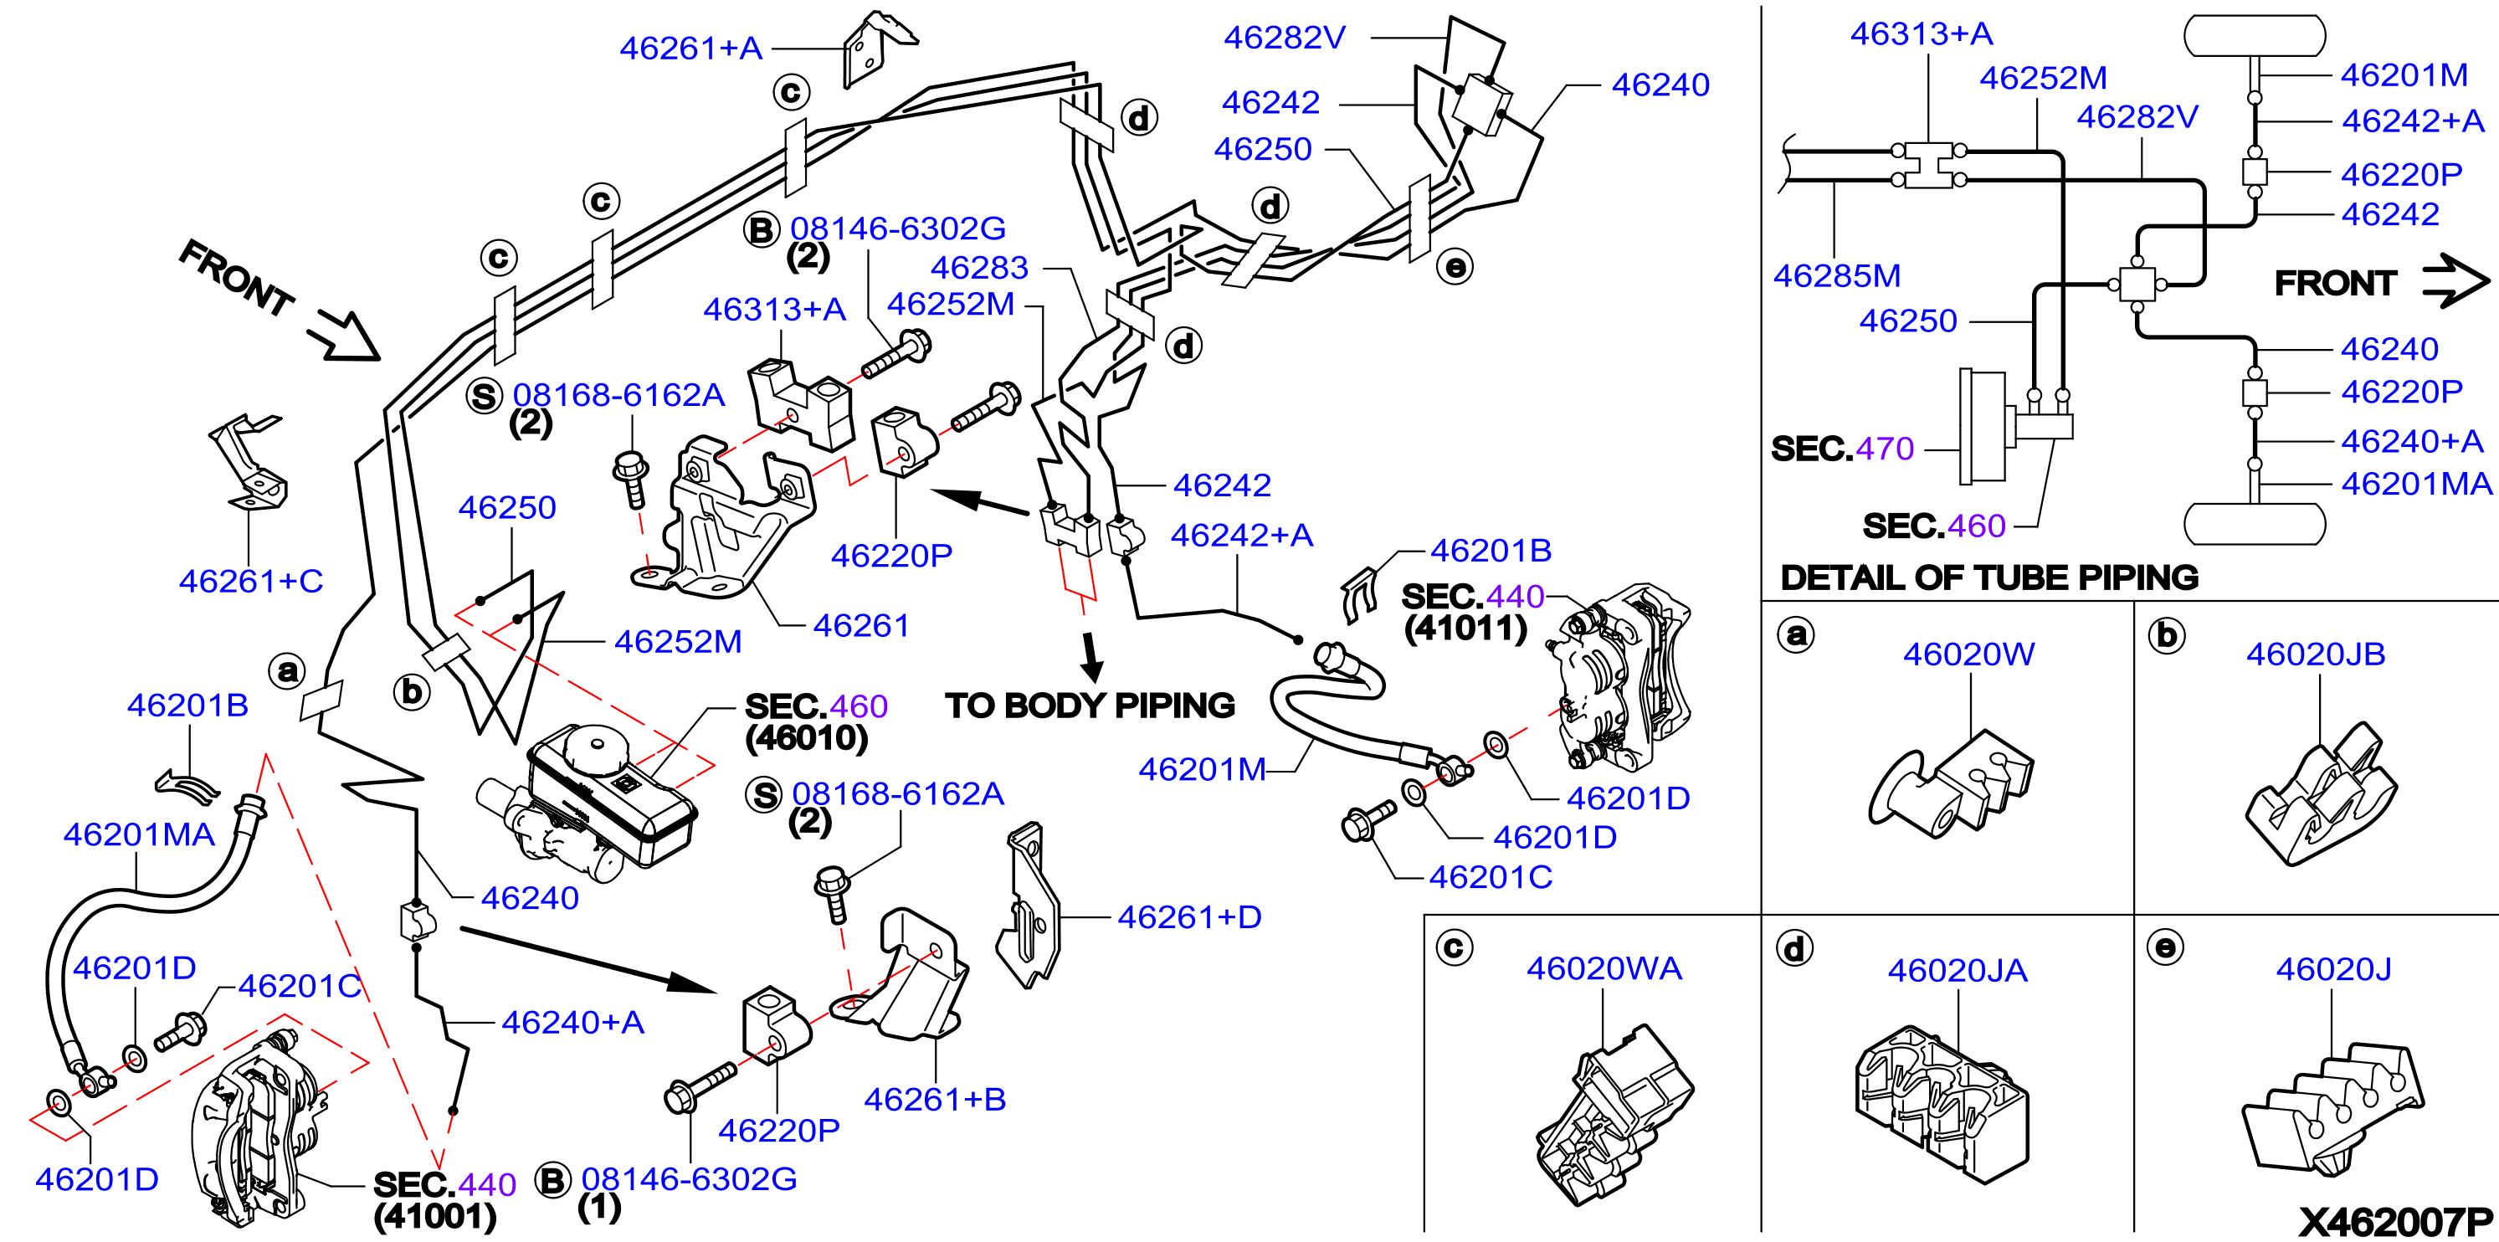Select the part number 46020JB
point(2316,654)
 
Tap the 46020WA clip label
point(1604,968)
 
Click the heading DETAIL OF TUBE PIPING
point(1988,577)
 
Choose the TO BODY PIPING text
point(1090,706)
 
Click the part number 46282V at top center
point(1285,38)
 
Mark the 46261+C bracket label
point(250,581)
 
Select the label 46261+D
point(1189,917)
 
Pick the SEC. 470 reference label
point(1841,449)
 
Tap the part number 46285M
point(1836,275)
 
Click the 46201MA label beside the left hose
point(139,834)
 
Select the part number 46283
point(979,267)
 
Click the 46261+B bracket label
point(934,1100)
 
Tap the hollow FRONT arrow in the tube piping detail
point(2455,281)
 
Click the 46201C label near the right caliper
point(1490,877)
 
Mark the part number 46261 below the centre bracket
point(860,626)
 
